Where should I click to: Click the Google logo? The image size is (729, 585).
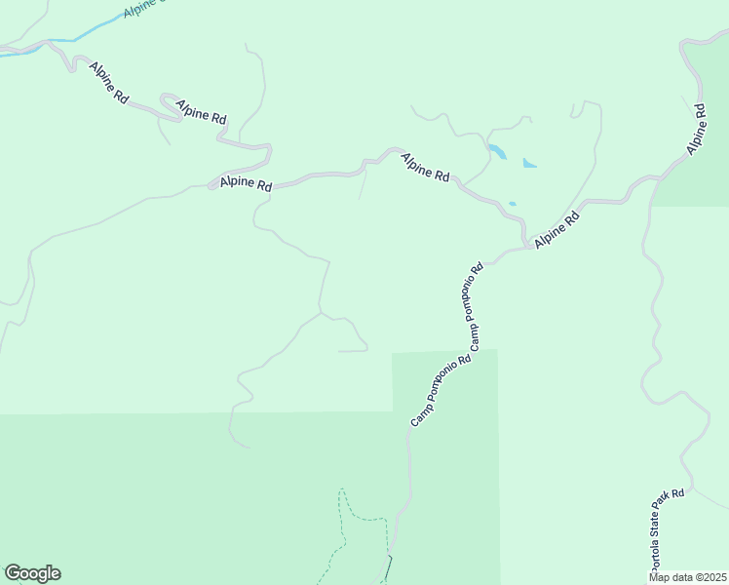pyautogui.click(x=32, y=573)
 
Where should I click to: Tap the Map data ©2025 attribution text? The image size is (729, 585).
pyautogui.click(x=688, y=577)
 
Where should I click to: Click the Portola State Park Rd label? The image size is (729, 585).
pyautogui.click(x=670, y=530)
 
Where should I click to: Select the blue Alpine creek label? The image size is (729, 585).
pyautogui.click(x=146, y=9)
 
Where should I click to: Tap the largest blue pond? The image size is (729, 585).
pyautogui.click(x=497, y=152)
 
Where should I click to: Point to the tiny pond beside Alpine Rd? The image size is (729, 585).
pyautogui.click(x=512, y=204)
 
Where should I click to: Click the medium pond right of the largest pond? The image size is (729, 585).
pyautogui.click(x=529, y=163)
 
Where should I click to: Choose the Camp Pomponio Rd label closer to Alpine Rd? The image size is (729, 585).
pyautogui.click(x=476, y=307)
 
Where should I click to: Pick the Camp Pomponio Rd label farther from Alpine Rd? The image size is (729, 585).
pyautogui.click(x=441, y=389)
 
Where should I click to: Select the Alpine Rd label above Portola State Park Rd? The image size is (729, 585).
pyautogui.click(x=696, y=129)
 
